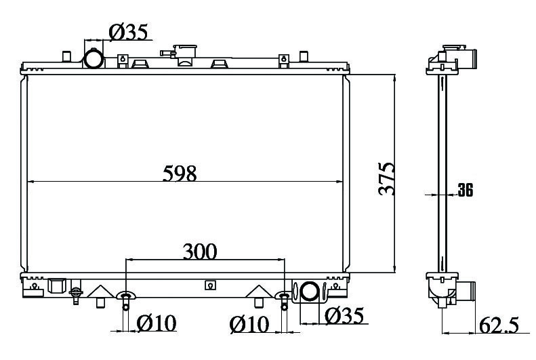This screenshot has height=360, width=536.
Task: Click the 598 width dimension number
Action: [180, 174]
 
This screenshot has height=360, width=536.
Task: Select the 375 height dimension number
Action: [387, 178]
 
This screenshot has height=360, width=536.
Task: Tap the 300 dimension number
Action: [200, 252]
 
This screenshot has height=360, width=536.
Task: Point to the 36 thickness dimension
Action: [466, 190]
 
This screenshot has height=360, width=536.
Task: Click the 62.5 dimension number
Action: [499, 325]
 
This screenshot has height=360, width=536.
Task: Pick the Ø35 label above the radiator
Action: [128, 32]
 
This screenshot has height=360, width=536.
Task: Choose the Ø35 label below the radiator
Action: [344, 315]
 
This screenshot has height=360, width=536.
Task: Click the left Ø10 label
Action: [157, 323]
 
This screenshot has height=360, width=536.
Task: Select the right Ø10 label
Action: [249, 324]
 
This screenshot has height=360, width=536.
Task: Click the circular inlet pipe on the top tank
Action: [94, 58]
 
